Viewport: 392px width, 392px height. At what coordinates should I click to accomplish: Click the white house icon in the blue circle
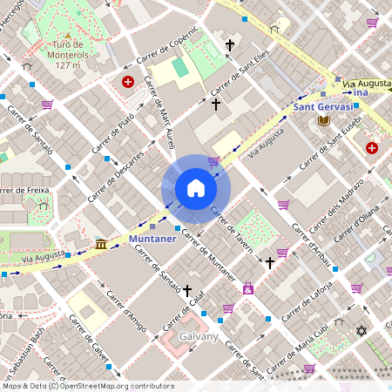click(196, 188)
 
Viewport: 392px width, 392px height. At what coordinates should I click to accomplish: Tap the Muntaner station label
click(152, 237)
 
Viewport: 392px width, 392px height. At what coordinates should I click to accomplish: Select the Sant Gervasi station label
click(323, 106)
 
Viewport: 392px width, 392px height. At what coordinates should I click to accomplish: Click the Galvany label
click(199, 335)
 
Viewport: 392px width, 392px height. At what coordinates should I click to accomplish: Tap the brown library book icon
click(324, 119)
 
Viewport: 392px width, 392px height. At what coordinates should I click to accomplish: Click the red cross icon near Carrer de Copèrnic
click(128, 82)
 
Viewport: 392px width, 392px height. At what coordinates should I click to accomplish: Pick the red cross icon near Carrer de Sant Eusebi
click(372, 148)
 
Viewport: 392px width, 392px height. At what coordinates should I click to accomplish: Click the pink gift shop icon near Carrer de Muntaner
click(248, 287)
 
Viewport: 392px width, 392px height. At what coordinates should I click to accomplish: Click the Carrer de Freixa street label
click(23, 189)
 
